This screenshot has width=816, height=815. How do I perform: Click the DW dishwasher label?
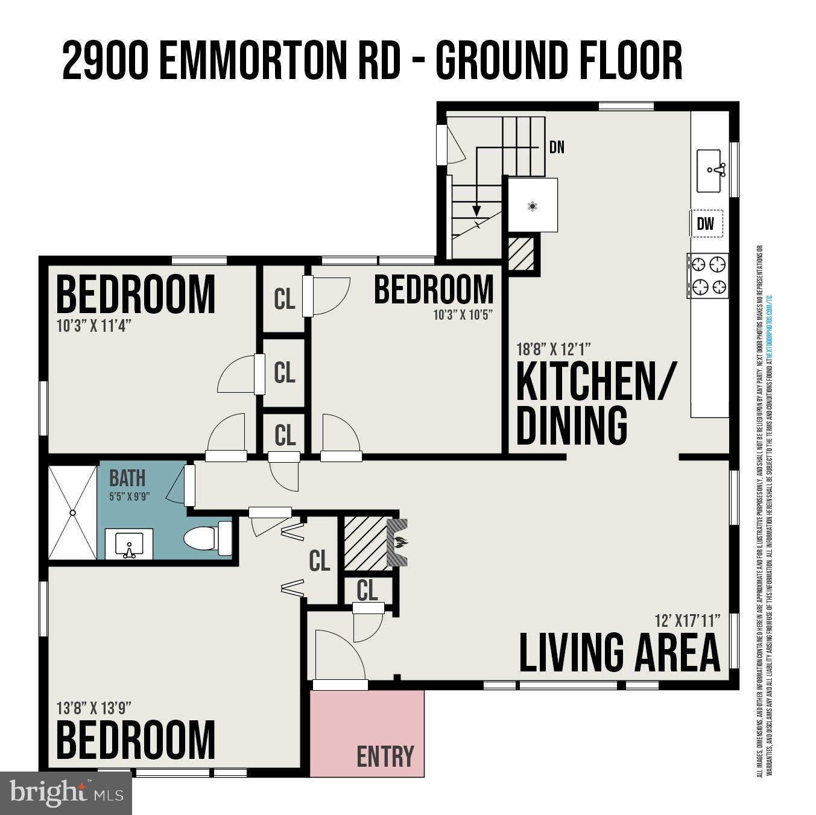pyautogui.click(x=705, y=224)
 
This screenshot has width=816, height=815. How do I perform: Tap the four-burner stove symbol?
pyautogui.click(x=707, y=276)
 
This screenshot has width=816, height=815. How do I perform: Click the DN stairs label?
pyautogui.click(x=557, y=147)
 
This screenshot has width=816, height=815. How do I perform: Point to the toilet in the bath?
pyautogui.click(x=207, y=538)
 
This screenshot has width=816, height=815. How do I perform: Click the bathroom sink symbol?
pyautogui.click(x=128, y=544)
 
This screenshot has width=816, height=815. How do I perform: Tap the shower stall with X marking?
pyautogui.click(x=72, y=512)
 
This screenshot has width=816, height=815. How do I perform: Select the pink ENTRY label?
pyautogui.click(x=385, y=756)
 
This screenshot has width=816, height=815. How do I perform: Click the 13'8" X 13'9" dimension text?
pyautogui.click(x=94, y=707)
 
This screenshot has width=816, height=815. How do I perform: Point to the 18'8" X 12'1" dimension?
pyautogui.click(x=553, y=349)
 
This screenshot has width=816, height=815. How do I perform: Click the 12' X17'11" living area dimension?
pyautogui.click(x=688, y=620)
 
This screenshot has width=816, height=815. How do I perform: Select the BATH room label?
pyautogui.click(x=127, y=478)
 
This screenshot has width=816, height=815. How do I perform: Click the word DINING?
pyautogui.click(x=572, y=426)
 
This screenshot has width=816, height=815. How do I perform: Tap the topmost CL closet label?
pyautogui.click(x=284, y=299)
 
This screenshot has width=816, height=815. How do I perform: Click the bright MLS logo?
pyautogui.click(x=66, y=793)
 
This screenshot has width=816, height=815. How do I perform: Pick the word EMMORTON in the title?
pyautogui.click(x=258, y=61)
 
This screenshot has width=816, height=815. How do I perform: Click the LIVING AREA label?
pyautogui.click(x=619, y=653)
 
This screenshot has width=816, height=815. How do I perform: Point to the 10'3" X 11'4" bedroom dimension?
pyautogui.click(x=93, y=326)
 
